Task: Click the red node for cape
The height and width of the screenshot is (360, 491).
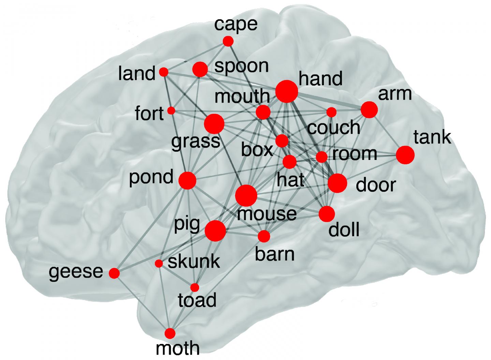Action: click(228, 41)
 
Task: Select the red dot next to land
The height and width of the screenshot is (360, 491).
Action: click(164, 72)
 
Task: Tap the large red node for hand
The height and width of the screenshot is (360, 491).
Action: click(286, 91)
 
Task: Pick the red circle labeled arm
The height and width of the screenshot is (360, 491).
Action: click(369, 110)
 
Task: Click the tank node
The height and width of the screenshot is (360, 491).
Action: click(405, 155)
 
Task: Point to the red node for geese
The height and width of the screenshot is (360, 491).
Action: click(115, 273)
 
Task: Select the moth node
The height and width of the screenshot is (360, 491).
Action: click(170, 333)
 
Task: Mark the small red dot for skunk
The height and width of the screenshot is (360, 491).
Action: click(159, 264)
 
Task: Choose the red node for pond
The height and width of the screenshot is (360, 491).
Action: click(188, 180)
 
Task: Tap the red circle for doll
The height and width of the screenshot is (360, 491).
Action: click(327, 214)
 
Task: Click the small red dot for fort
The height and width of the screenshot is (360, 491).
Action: click(172, 110)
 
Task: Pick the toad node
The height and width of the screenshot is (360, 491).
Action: click(195, 287)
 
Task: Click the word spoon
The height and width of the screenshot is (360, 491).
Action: click(241, 66)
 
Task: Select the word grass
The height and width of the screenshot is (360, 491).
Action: click(195, 140)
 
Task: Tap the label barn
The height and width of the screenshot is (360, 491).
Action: click(274, 254)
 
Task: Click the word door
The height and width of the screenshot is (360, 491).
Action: click(375, 185)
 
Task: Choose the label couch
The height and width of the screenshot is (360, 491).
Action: click(333, 128)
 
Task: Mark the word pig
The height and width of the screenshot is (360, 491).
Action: click(187, 224)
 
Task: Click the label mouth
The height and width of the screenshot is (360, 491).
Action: click(242, 97)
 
